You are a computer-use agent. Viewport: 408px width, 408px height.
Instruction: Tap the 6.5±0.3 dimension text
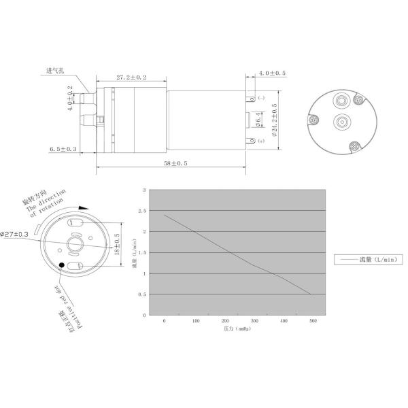click(63, 148)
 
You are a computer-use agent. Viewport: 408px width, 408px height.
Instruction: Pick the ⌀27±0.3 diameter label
click(14, 234)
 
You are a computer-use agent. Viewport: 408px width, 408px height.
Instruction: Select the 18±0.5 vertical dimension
click(117, 243)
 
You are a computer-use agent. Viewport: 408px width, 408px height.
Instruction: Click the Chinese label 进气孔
click(55, 71)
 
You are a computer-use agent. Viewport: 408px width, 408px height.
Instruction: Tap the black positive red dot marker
click(63, 265)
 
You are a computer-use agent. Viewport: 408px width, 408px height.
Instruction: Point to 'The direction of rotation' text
click(47, 201)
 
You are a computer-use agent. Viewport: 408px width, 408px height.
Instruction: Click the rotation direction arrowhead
click(84, 210)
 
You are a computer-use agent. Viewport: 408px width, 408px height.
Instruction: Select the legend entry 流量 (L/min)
click(369, 258)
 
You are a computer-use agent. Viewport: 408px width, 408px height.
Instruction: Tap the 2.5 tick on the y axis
click(141, 211)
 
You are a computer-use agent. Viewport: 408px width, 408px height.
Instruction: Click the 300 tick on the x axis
click(253, 320)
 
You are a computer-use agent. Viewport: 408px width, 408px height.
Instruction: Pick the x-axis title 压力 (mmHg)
click(233, 328)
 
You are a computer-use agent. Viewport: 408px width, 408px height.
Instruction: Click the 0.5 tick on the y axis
click(141, 294)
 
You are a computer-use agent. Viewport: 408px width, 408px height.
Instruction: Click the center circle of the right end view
click(340, 122)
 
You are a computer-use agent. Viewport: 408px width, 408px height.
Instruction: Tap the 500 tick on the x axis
click(313, 320)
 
